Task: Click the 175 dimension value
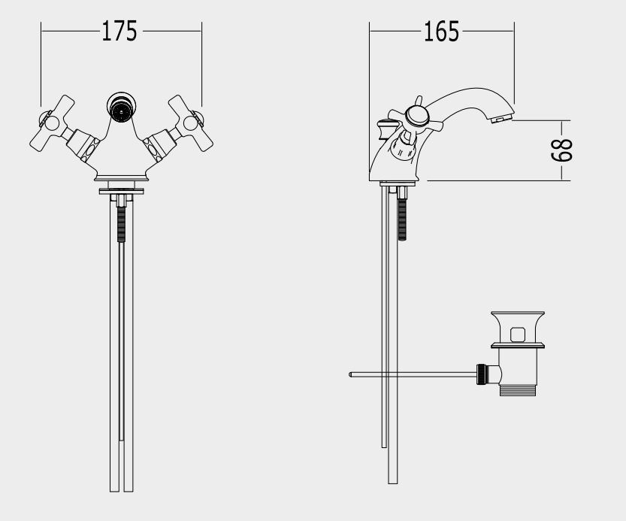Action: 119,31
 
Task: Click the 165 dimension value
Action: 441,32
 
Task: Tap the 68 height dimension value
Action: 561,150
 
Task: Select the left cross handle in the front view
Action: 53,123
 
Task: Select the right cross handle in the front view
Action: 190,123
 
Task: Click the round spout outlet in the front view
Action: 122,107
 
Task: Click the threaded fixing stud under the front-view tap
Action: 122,224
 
